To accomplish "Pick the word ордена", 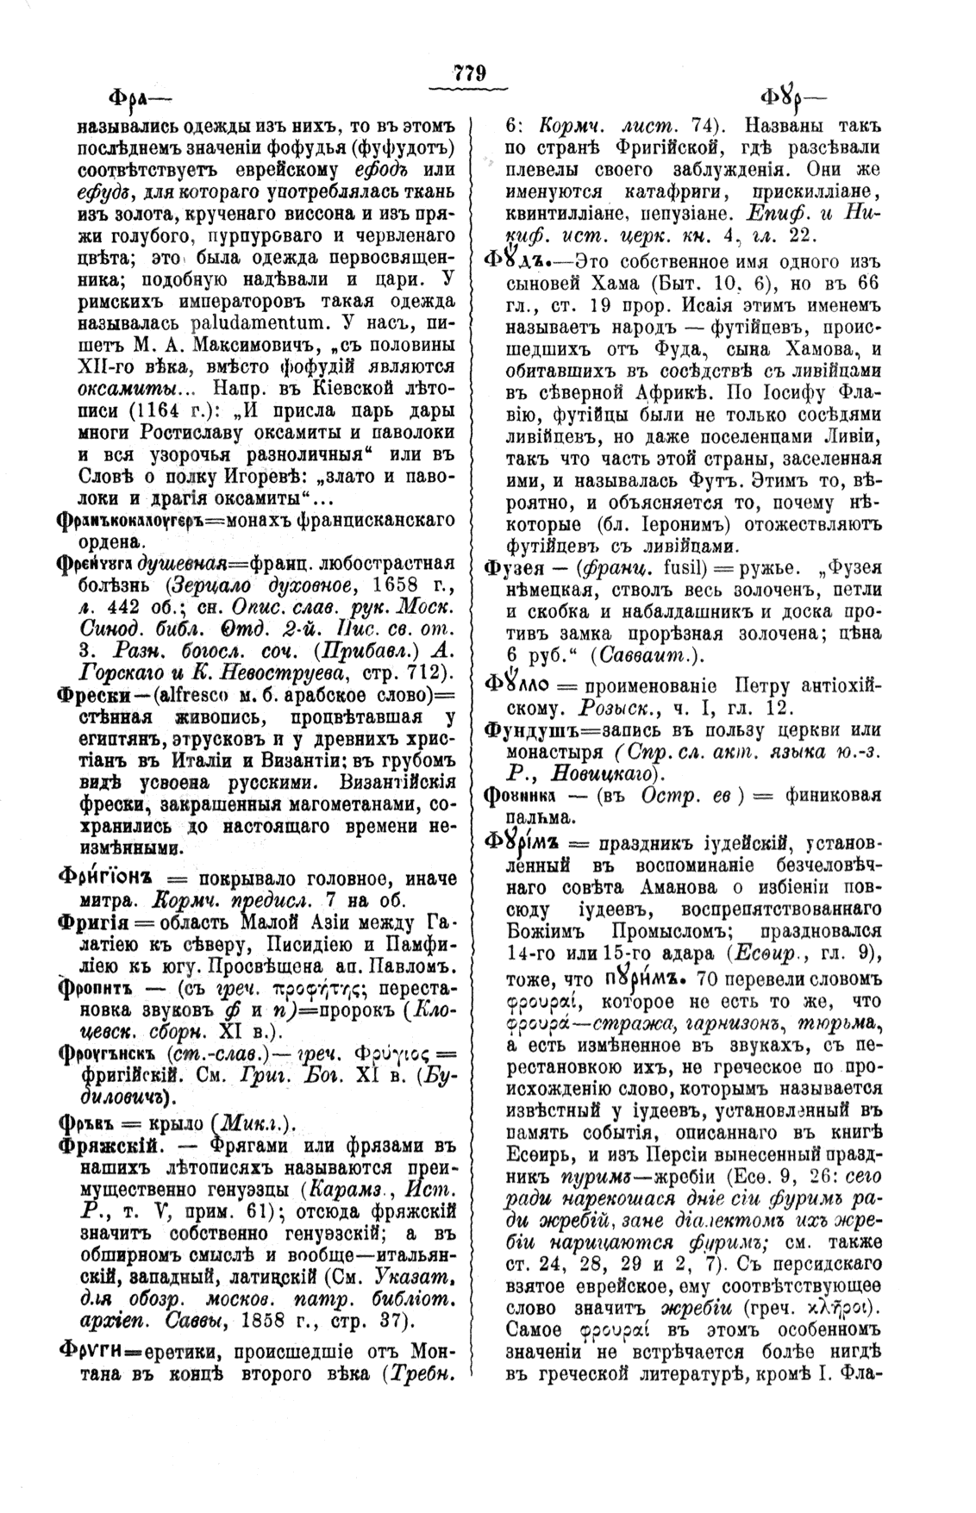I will coord(109,541).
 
